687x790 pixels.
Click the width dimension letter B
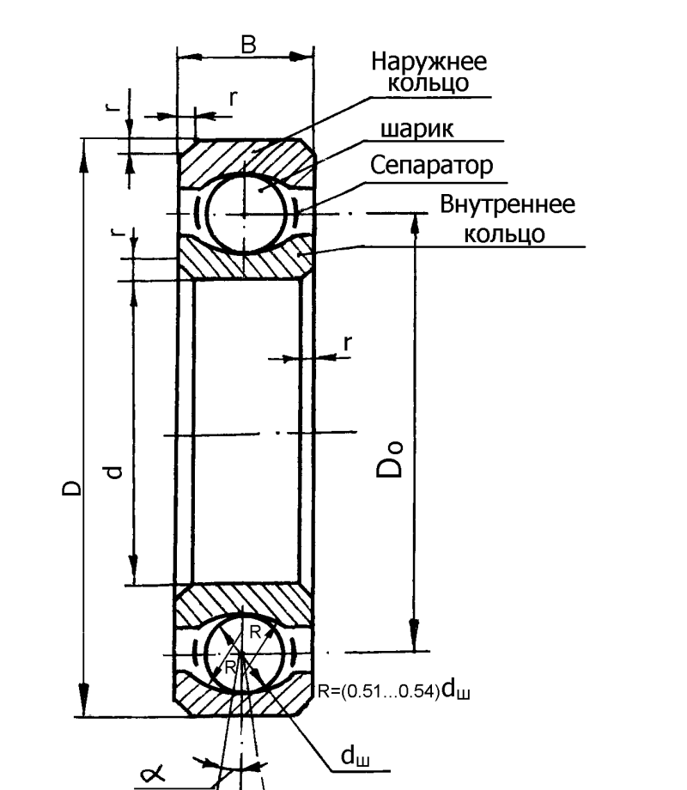tap(249, 45)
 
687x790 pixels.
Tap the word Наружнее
tap(429, 62)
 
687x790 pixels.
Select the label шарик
tap(416, 129)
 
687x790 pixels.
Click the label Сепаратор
tap(431, 166)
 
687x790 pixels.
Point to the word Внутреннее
tap(508, 204)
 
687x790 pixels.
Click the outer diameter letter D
tap(71, 487)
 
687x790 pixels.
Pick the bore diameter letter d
tap(114, 471)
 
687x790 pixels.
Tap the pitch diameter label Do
tap(390, 459)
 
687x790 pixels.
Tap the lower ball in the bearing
tap(243, 653)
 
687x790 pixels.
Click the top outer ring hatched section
tap(246, 160)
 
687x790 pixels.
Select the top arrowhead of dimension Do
tap(415, 226)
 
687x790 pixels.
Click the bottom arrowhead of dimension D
tap(84, 702)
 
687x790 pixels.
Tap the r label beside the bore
tap(347, 343)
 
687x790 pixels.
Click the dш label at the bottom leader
tap(355, 756)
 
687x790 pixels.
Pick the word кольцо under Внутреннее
tap(504, 234)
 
